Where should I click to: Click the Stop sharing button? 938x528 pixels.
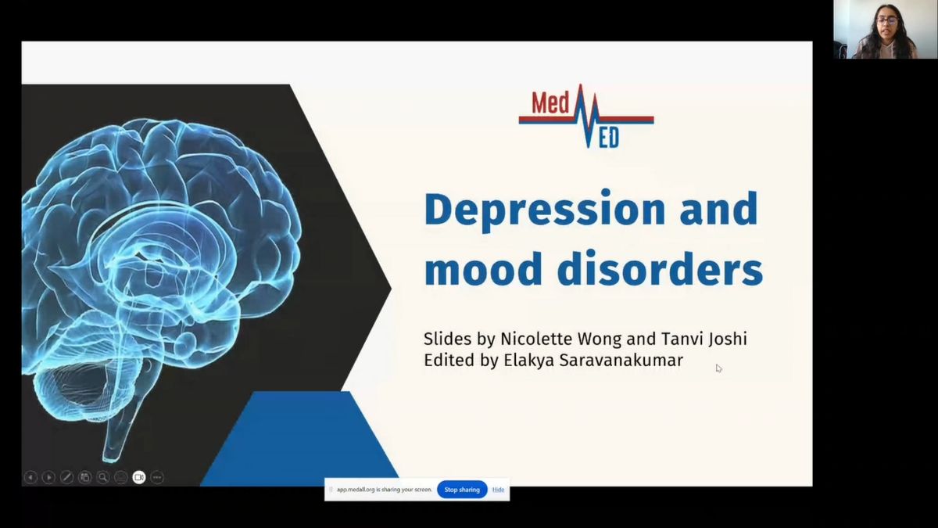click(462, 490)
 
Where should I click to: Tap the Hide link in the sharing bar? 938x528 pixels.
click(498, 490)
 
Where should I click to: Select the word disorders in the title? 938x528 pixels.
click(660, 269)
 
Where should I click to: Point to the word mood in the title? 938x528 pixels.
click(483, 269)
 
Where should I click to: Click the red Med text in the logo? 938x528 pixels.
click(550, 103)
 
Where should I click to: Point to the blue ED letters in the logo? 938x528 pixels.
click(608, 138)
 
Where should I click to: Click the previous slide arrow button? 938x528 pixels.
click(30, 477)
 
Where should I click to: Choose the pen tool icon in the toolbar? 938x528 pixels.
click(66, 477)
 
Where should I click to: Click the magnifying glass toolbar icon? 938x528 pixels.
click(102, 477)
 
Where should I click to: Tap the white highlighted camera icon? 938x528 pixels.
click(139, 477)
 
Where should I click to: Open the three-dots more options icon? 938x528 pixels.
click(157, 477)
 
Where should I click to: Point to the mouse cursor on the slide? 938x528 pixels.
click(718, 368)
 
